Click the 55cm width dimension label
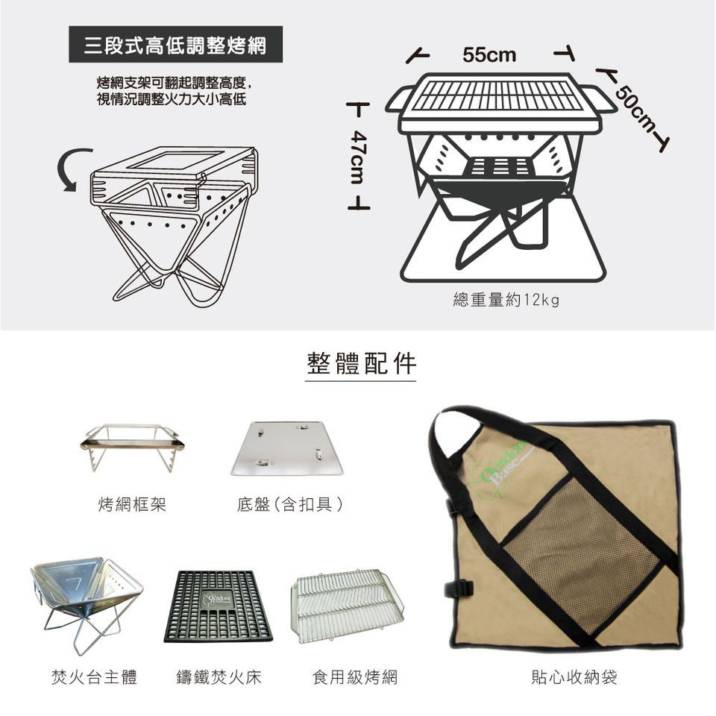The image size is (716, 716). pos(489,54)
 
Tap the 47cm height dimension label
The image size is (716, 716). pos(359,157)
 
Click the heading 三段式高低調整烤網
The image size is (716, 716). pos(175,45)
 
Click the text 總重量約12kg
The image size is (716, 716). pos(506,300)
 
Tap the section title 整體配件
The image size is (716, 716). pos(361,363)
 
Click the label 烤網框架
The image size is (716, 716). pos(133,504)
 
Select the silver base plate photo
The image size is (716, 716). pos(287,448)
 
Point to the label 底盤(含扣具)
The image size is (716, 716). pos(290,504)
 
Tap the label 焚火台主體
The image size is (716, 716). pos(95,676)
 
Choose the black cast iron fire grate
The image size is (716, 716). pos(218,606)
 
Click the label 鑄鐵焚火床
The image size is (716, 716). pos(219,676)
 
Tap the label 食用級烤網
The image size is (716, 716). pos(355,676)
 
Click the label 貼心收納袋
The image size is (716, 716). pos(574,676)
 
